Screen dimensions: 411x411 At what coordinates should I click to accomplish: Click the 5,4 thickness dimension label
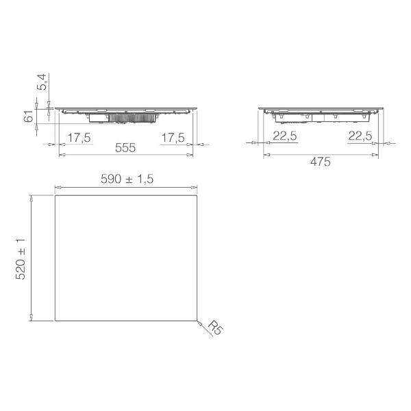pos(42,82)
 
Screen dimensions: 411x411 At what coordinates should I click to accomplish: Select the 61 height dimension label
pos(29,116)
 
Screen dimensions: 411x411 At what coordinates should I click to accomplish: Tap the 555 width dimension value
pos(125,148)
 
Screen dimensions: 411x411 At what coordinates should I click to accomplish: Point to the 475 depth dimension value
pos(321,162)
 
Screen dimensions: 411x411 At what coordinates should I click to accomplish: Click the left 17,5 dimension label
pos(79,138)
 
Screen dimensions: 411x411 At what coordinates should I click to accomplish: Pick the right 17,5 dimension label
pos(173,138)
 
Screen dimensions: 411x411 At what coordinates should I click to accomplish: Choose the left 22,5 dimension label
pos(285,136)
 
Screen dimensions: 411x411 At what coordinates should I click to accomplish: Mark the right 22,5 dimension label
pos(360,136)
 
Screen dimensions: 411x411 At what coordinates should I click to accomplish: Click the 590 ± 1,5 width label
pos(127,179)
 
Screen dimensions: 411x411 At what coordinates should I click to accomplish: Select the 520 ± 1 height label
pos(21,259)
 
